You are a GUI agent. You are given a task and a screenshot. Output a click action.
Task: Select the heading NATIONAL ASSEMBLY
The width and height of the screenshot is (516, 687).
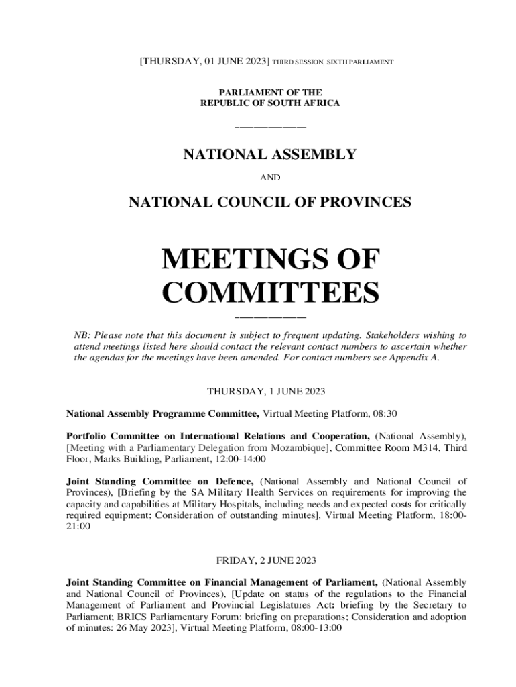coord(269,155)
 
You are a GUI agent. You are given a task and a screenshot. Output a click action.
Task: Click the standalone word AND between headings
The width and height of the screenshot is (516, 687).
coord(269,178)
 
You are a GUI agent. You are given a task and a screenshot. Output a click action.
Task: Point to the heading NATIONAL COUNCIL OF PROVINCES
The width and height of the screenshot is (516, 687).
coord(269,201)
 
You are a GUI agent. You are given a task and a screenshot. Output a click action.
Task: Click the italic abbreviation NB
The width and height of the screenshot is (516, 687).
coord(80,335)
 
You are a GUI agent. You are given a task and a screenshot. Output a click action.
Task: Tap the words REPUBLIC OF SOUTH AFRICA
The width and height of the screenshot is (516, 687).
coord(270,103)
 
